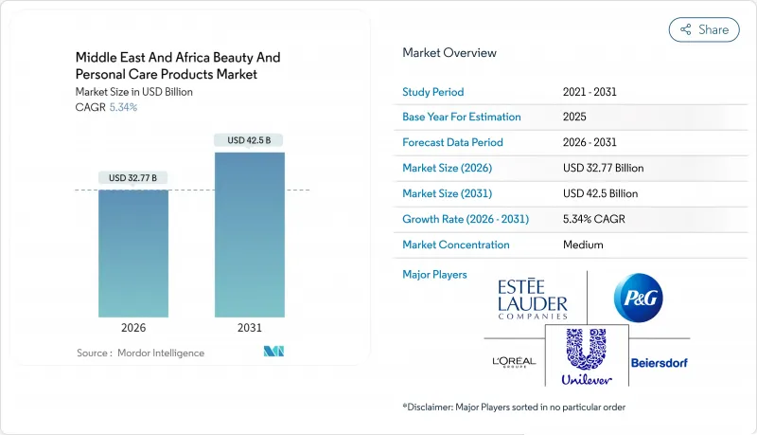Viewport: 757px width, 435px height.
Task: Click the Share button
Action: click(704, 29)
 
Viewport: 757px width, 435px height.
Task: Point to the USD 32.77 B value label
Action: click(132, 177)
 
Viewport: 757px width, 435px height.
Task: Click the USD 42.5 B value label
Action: click(249, 140)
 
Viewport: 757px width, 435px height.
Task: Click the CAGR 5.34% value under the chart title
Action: click(122, 107)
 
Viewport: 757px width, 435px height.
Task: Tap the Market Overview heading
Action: click(449, 53)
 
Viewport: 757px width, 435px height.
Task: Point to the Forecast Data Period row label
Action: click(452, 142)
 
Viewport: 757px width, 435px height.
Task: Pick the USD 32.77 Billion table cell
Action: click(603, 168)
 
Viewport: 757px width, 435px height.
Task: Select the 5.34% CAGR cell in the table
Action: click(594, 219)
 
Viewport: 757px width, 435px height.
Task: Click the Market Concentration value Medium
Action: click(584, 245)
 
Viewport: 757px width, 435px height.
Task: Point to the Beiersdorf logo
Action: click(659, 362)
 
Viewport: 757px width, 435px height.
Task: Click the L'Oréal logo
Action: click(514, 362)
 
